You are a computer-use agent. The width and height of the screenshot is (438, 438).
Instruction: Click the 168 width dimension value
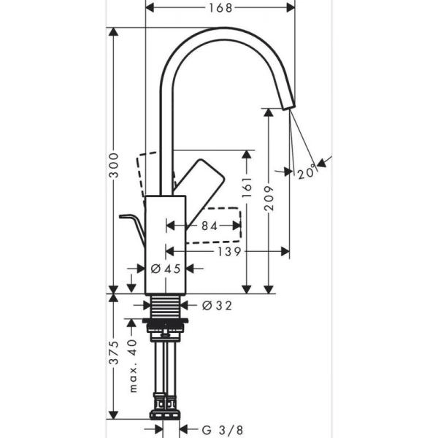pos(220,8)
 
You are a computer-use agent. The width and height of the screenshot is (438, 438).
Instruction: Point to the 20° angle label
pos(307,173)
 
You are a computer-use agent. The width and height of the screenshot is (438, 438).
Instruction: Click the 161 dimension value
pos(247,190)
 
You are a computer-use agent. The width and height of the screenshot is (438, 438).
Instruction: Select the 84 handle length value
pos(209,226)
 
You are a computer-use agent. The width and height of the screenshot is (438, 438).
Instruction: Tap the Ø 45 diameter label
pos(165,269)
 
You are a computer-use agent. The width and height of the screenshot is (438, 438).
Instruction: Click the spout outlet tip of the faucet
pos(287,104)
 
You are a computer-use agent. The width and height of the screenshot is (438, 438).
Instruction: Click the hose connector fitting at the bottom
pos(166,405)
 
